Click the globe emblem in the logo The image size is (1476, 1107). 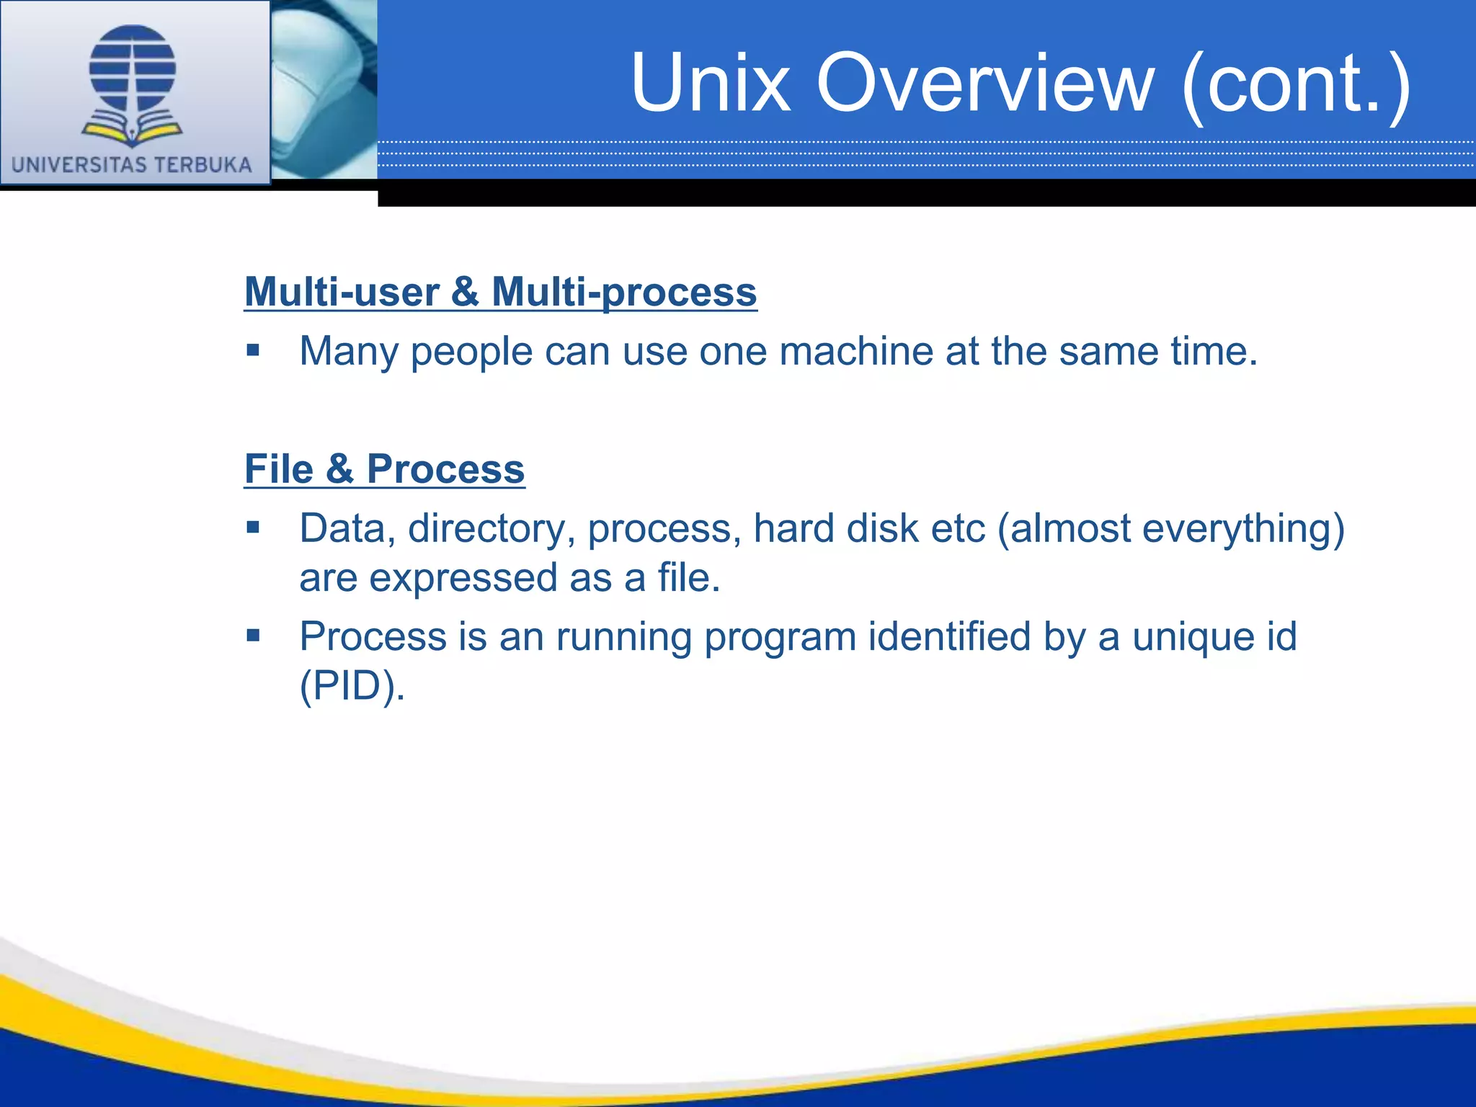pyautogui.click(x=133, y=68)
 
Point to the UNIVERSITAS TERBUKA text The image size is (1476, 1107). pyautogui.click(x=132, y=165)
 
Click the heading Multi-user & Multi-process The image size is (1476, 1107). pyautogui.click(x=500, y=292)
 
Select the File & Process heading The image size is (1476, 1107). pyautogui.click(x=384, y=469)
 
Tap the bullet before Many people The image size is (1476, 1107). pyautogui.click(x=252, y=351)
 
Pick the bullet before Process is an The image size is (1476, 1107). pyautogui.click(x=252, y=636)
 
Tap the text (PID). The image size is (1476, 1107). pyautogui.click(x=352, y=686)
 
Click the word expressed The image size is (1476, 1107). pyautogui.click(x=463, y=579)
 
